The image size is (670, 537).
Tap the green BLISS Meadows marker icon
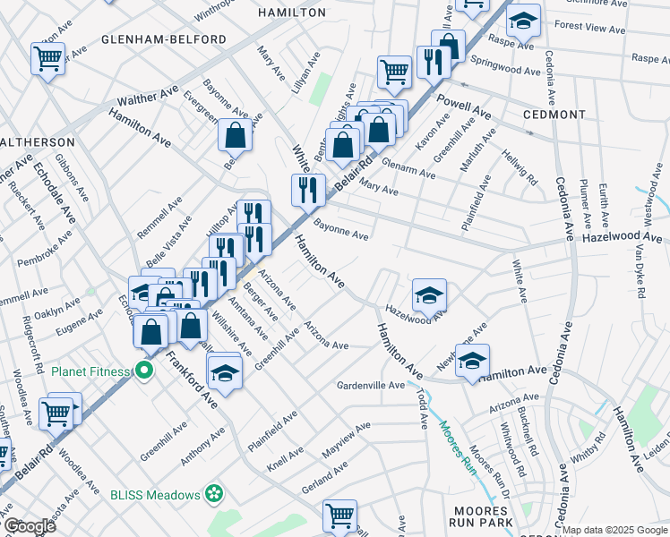click(213, 492)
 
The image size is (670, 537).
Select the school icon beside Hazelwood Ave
click(429, 294)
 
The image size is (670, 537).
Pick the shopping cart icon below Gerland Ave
click(340, 515)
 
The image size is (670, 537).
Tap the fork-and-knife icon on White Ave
click(306, 189)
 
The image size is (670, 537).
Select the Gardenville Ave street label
click(371, 386)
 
